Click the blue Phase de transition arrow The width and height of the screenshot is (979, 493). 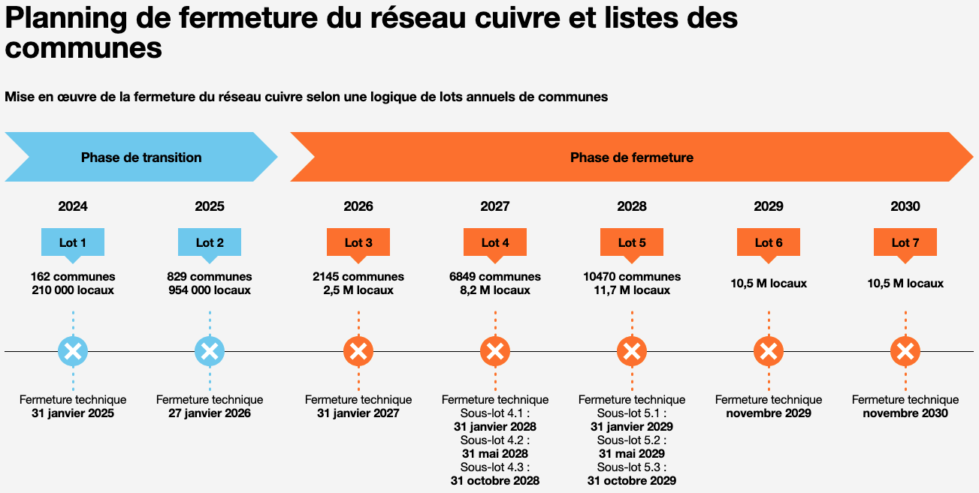point(141,158)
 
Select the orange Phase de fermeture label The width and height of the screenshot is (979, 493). point(631,158)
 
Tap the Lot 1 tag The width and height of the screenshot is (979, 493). point(73,242)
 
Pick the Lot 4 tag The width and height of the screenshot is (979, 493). point(495,242)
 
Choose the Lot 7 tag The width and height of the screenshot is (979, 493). point(905,242)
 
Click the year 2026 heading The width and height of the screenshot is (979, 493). point(358,206)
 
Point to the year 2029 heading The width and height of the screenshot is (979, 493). point(769,206)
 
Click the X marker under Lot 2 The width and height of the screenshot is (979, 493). point(210,350)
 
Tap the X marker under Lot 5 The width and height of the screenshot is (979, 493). point(632,350)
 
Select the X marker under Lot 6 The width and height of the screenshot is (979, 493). point(769,350)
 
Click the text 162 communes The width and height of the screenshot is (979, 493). point(73,277)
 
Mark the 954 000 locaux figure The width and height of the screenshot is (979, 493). point(210,290)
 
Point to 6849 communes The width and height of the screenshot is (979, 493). point(495,277)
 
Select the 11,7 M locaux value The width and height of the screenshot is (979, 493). point(632,290)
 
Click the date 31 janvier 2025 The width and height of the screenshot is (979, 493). point(73,413)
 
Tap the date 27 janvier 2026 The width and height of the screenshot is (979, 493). point(210,413)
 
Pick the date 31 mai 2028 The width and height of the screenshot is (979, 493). point(495,454)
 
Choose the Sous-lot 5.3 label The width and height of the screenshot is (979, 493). point(632,467)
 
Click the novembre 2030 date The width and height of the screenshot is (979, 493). point(905,413)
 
